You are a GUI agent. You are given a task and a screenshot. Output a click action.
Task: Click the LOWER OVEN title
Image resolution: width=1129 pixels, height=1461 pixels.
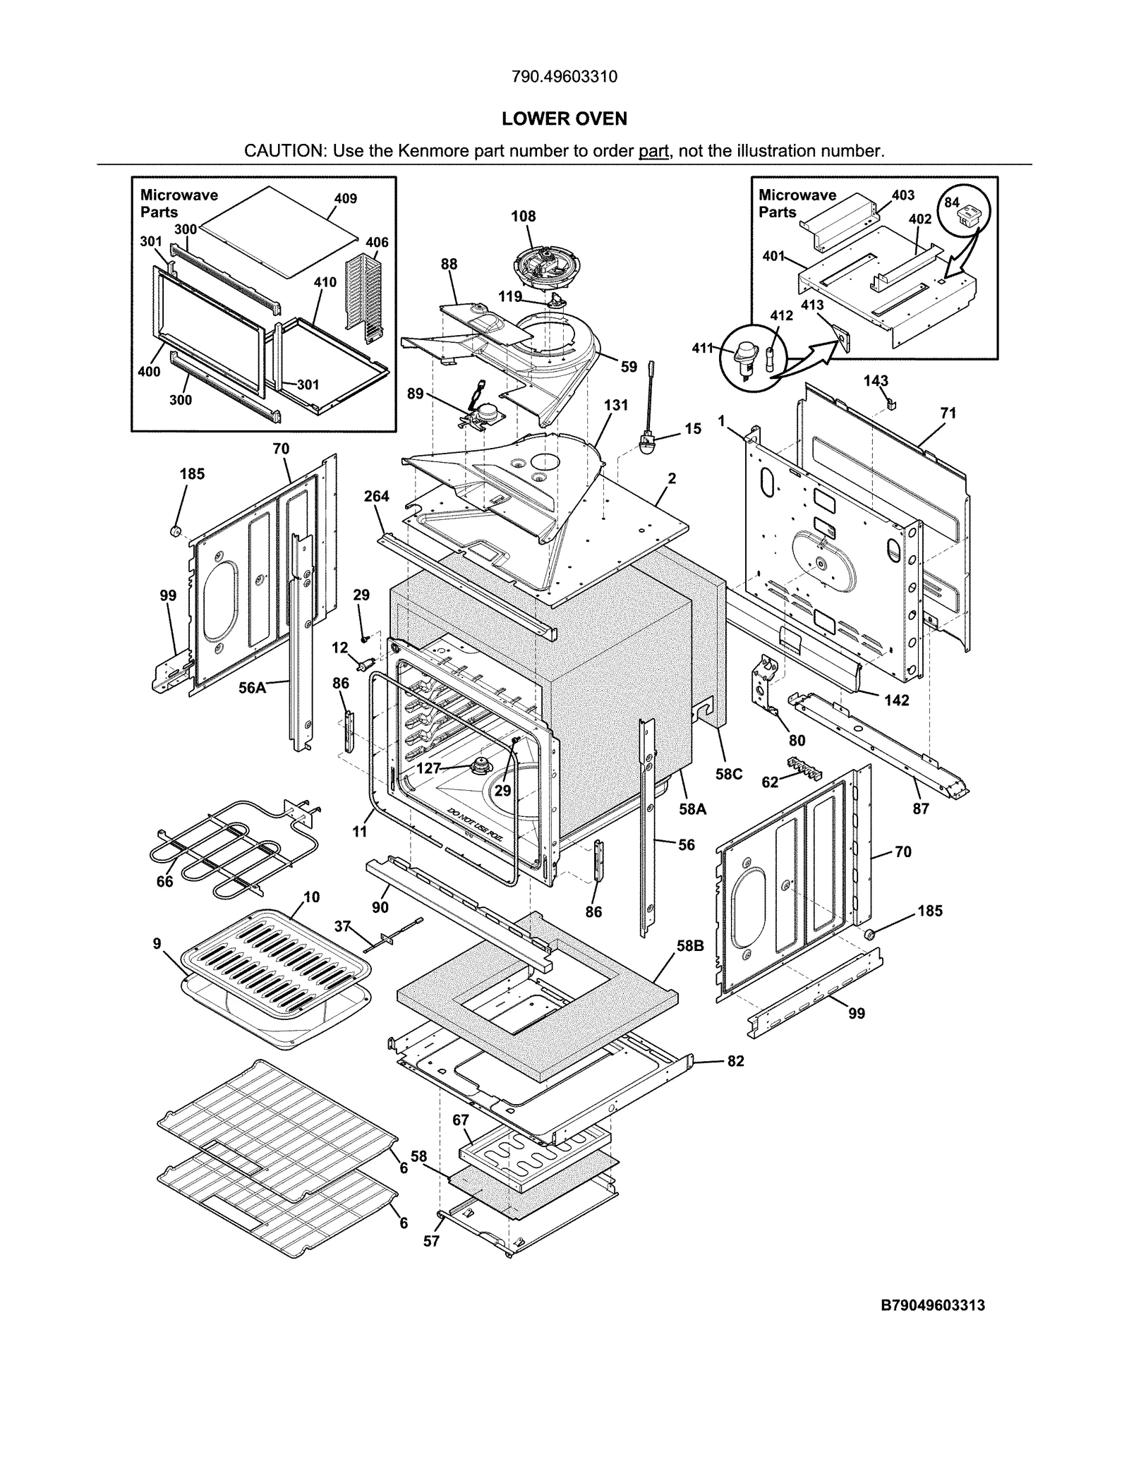click(564, 119)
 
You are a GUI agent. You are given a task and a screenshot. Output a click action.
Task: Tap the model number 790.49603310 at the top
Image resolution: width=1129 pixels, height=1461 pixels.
click(564, 76)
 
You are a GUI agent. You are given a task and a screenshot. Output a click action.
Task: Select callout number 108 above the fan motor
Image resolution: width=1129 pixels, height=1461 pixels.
click(524, 217)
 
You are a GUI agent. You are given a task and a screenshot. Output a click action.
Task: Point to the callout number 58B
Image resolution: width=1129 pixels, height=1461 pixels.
click(690, 946)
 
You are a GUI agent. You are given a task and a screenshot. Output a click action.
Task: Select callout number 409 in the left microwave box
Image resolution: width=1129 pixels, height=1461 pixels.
click(345, 199)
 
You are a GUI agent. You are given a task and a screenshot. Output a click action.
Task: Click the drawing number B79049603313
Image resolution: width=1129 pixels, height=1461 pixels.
click(932, 1305)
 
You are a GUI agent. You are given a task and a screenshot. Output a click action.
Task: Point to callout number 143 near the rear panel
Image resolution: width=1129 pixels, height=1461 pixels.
click(876, 381)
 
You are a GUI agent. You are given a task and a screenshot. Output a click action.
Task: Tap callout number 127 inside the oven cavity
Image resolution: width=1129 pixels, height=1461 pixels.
click(428, 768)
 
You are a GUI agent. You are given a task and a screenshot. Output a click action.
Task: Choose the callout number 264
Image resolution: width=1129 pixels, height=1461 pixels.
click(376, 497)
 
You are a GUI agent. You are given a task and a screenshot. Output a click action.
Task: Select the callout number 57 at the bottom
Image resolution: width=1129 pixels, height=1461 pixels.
click(431, 1241)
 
